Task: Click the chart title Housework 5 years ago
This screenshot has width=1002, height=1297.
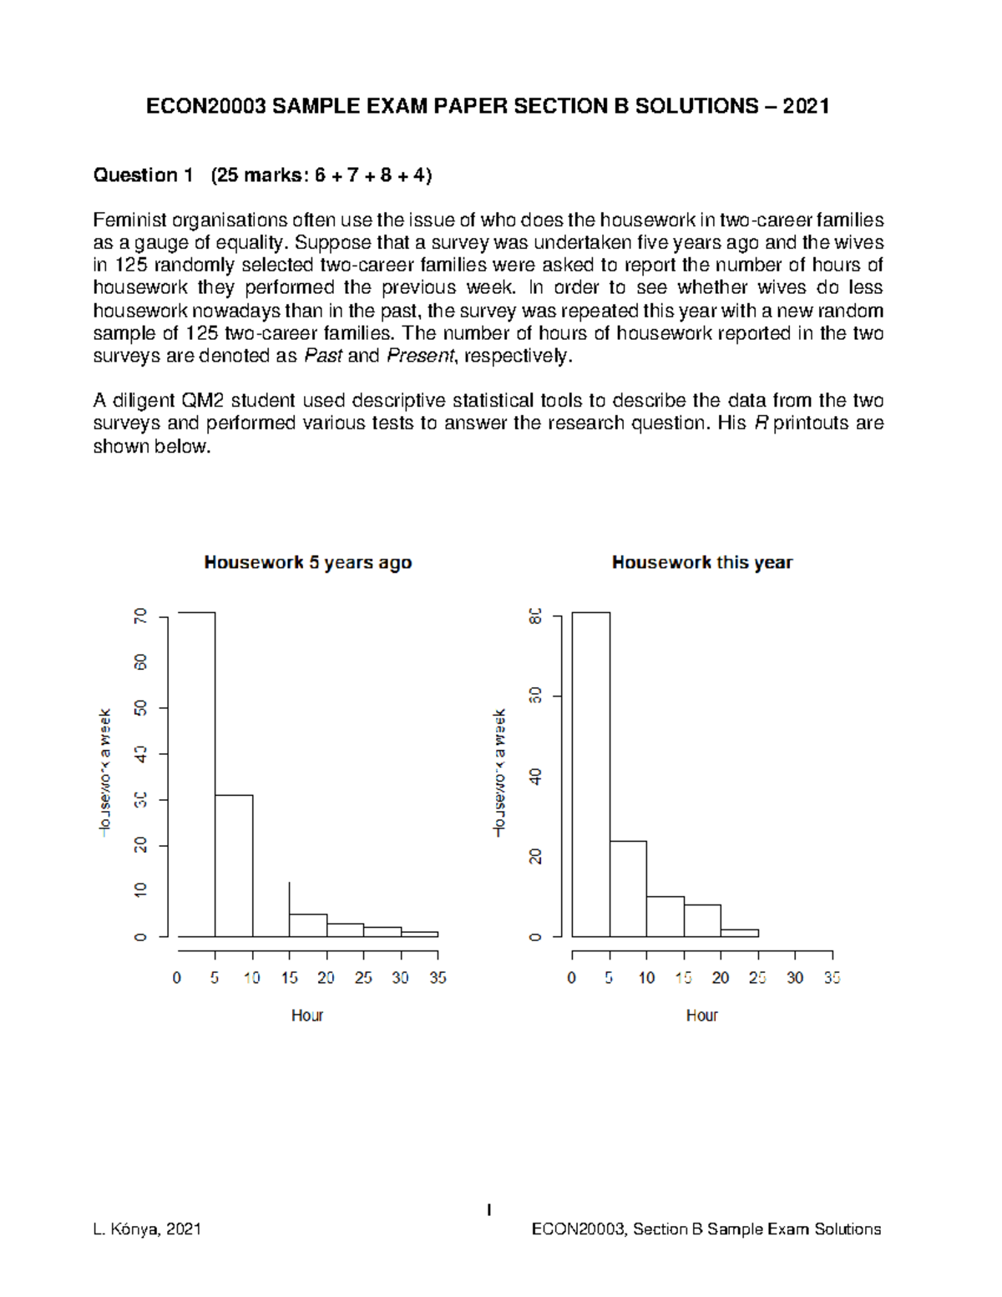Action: coord(307,562)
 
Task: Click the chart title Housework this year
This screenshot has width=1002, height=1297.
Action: coord(701,562)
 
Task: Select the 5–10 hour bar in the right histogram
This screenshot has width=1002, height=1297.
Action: coord(628,889)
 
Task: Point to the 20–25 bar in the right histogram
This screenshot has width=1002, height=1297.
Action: coord(740,933)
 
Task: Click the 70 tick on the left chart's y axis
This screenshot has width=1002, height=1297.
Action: coord(140,616)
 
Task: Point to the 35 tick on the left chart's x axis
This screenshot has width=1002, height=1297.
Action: coord(438,977)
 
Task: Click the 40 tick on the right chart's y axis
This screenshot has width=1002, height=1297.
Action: coord(535,777)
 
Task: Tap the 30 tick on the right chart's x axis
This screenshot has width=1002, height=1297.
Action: coord(795,977)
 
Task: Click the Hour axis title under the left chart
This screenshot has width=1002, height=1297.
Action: coord(307,1015)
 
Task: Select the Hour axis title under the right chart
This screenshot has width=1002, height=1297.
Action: coord(701,1015)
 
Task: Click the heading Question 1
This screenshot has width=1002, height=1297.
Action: coord(143,175)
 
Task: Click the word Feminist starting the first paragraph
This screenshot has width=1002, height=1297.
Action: coord(130,220)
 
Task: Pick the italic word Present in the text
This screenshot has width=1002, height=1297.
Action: coord(420,356)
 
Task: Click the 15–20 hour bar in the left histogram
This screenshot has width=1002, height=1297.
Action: coord(308,925)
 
